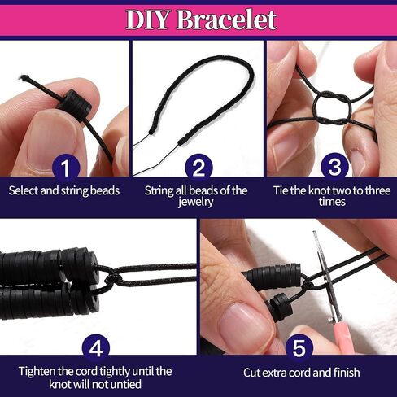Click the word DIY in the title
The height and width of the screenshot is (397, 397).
(x=147, y=20)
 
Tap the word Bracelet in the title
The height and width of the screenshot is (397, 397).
(x=227, y=20)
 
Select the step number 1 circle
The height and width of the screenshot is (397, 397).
(x=66, y=168)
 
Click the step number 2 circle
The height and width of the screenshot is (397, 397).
(x=198, y=168)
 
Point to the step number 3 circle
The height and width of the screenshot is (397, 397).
(x=334, y=167)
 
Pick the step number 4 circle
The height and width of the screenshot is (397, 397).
(x=96, y=348)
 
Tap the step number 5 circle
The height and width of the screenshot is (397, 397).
(x=299, y=348)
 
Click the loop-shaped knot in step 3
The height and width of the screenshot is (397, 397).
(x=333, y=108)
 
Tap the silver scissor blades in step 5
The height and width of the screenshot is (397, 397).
(x=326, y=277)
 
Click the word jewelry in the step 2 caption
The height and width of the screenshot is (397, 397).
(x=195, y=202)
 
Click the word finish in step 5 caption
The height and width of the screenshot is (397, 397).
(x=347, y=373)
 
